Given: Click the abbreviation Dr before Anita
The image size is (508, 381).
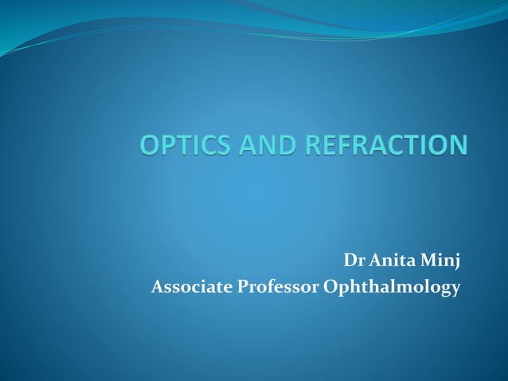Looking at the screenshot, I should (x=353, y=261).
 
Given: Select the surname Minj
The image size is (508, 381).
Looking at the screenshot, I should (x=442, y=261).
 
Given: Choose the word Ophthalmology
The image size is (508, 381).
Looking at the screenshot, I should (x=392, y=288).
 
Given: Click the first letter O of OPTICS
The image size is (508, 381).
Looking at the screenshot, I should (x=150, y=146).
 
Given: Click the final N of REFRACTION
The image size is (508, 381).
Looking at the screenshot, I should (x=457, y=146).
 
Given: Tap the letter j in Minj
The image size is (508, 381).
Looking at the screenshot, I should (x=457, y=263).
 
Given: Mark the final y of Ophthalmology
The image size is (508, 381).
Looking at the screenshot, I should (x=455, y=289).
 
